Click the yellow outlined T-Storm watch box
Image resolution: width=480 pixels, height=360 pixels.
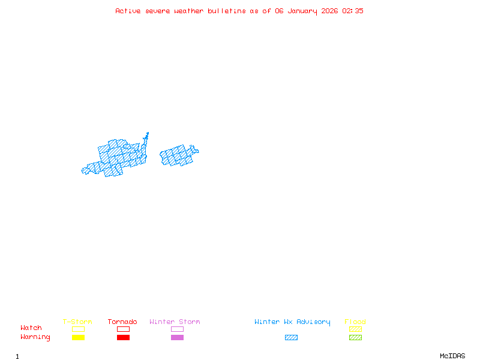[78, 329]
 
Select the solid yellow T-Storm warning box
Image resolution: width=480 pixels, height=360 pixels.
[78, 337]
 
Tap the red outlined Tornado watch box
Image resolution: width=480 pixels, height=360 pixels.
[123, 329]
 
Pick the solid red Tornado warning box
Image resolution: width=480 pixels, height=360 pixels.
[123, 337]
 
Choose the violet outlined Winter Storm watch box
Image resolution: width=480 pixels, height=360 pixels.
[177, 329]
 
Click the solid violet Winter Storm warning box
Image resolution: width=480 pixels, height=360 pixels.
[177, 337]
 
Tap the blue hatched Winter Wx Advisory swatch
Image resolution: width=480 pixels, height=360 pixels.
[291, 337]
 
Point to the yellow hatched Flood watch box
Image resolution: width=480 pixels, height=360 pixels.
[355, 329]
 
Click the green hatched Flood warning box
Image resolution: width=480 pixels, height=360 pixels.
[355, 337]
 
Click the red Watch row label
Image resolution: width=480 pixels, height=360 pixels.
[31, 328]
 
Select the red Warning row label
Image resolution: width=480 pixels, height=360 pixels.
[35, 337]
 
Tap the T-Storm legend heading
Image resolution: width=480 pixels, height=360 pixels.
[77, 322]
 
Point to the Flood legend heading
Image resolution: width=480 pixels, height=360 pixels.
[355, 322]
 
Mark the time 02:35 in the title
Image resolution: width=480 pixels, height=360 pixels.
[353, 11]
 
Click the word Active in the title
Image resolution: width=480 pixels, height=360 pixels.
[128, 11]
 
